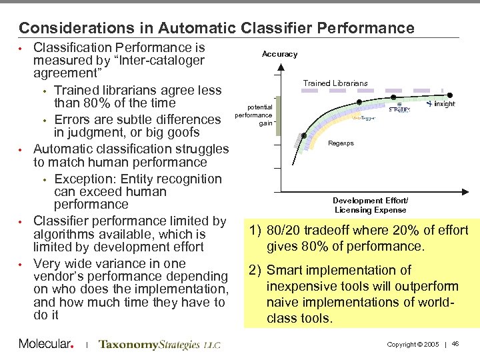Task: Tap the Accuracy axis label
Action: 280,54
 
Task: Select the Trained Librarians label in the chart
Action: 335,83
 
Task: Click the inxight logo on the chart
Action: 441,104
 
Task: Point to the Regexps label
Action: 341,143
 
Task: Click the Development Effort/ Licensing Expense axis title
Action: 370,205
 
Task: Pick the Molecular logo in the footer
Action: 45,344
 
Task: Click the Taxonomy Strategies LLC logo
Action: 159,345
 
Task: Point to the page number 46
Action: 455,343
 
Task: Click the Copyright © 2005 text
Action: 412,344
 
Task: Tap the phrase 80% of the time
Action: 114,103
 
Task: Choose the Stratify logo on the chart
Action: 399,109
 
